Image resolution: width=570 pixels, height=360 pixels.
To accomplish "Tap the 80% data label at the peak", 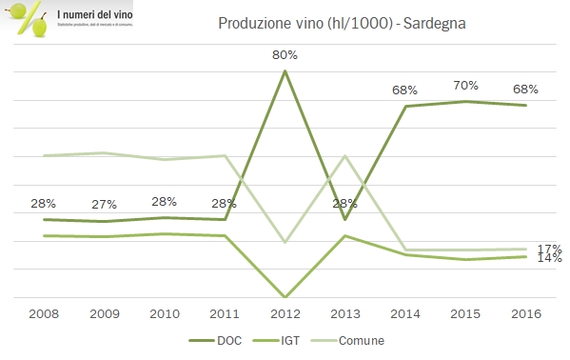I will (285, 54).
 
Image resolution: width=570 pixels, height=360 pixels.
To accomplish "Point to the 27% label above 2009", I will (103, 205).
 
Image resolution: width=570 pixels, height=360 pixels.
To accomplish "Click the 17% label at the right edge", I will (550, 248).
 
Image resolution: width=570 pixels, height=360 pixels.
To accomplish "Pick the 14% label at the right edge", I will (550, 258).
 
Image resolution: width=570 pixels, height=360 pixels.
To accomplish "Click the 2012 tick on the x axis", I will (285, 313).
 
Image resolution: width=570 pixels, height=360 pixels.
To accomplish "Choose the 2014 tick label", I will (406, 313).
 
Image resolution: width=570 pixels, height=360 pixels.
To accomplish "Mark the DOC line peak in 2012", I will (285, 70).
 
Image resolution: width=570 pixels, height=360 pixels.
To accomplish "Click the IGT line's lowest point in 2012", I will (285, 296).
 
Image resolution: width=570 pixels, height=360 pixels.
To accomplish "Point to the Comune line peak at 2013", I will (345, 155).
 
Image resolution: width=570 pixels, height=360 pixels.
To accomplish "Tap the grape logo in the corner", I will (27, 20).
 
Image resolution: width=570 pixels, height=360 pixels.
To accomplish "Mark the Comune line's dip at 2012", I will (285, 242).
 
